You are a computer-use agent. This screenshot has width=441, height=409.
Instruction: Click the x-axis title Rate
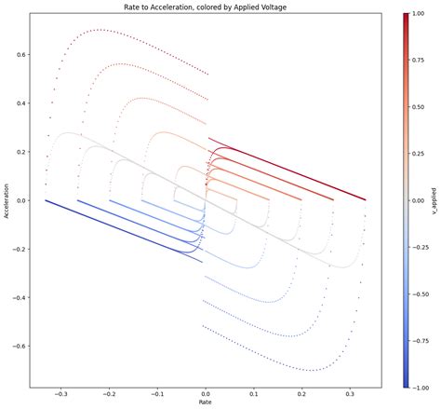205,402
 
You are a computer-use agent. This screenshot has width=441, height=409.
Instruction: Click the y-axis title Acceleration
7,200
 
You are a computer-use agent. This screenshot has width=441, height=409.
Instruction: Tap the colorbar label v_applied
434,200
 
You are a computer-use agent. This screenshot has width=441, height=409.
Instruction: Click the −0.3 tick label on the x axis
61,393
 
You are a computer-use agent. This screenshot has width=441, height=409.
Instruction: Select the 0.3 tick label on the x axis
349,393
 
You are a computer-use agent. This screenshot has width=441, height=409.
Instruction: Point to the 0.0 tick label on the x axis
206,393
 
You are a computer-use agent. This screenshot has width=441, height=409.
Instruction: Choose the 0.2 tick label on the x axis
301,393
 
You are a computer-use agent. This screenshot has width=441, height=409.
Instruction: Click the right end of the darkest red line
365,199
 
